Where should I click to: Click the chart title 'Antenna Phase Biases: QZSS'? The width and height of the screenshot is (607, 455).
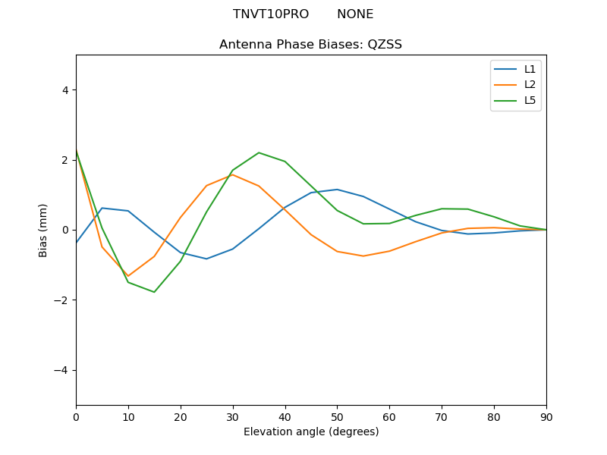click(310, 44)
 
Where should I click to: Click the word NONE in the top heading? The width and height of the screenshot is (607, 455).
click(355, 14)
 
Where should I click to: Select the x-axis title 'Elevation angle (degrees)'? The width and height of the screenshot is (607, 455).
click(310, 431)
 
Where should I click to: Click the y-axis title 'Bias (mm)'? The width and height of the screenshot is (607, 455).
click(43, 230)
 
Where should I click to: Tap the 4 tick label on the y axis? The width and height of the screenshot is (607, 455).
click(64, 89)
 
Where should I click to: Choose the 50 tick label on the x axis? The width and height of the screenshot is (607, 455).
click(337, 416)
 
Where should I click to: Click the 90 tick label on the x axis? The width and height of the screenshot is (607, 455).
click(546, 416)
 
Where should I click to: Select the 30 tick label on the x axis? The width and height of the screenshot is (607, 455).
click(233, 416)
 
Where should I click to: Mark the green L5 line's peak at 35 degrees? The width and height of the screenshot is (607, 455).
click(259, 152)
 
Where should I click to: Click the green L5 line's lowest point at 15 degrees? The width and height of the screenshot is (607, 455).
click(154, 292)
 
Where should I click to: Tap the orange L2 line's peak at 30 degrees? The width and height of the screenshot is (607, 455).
click(233, 174)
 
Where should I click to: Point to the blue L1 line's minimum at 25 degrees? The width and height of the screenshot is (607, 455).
click(206, 259)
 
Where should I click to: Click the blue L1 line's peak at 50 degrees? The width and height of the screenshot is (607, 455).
click(337, 190)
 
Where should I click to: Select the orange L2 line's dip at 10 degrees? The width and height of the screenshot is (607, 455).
click(128, 276)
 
